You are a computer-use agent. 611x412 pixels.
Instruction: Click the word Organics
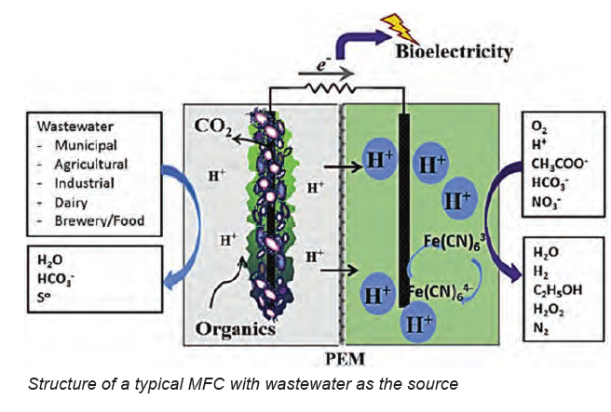(236, 328)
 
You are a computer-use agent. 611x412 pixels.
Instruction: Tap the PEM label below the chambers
(340, 354)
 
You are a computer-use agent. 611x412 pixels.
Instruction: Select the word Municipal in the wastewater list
(85, 145)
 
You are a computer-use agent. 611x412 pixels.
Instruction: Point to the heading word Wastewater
(75, 126)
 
